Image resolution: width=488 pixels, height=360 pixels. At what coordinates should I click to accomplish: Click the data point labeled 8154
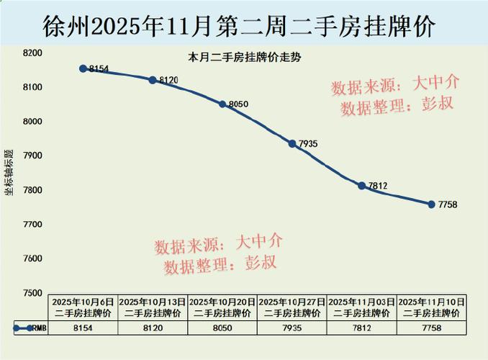click(83, 68)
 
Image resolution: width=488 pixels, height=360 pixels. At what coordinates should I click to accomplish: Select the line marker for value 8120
click(153, 80)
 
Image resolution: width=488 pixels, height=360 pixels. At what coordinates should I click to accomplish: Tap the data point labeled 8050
click(222, 104)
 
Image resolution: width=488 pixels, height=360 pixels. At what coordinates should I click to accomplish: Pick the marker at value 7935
click(292, 143)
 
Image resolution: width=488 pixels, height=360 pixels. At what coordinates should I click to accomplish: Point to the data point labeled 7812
click(362, 186)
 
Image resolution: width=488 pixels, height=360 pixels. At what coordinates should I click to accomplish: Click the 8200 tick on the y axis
click(32, 53)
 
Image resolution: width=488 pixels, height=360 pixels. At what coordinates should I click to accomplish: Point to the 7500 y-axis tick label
click(32, 293)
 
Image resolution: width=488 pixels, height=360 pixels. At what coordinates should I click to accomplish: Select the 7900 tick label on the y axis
click(32, 156)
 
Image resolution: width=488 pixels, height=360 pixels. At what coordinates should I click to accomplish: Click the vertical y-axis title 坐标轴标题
click(9, 173)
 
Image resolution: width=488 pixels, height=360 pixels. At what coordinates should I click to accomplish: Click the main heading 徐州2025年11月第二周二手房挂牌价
click(244, 27)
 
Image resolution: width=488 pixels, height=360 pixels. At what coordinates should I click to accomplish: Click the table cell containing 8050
click(222, 328)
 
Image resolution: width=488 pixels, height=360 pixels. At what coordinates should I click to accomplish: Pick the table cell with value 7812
click(362, 328)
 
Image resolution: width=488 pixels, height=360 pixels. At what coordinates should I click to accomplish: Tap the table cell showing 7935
click(292, 328)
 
